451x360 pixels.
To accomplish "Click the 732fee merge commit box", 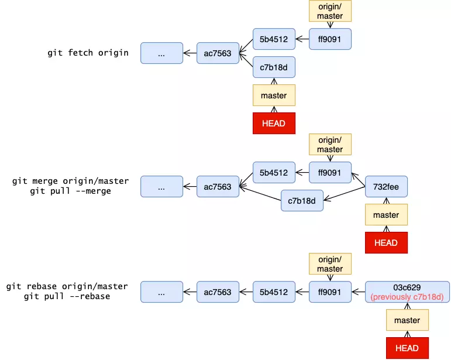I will click(x=386, y=187).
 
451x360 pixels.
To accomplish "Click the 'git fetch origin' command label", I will click(x=88, y=53).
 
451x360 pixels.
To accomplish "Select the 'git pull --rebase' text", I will click(x=67, y=297).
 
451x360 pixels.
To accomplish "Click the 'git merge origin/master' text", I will click(x=71, y=181).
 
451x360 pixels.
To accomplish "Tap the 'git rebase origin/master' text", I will click(x=67, y=287).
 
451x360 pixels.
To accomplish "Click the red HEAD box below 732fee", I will click(x=386, y=243).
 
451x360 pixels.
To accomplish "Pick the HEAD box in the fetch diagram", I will click(x=274, y=124).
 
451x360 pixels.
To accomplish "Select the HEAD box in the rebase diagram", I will click(x=407, y=348).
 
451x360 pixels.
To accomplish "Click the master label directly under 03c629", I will click(x=407, y=320).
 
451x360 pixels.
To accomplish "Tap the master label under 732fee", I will click(x=386, y=215).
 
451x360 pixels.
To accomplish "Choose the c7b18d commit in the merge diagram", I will click(x=302, y=201).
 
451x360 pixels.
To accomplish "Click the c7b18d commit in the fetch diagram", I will click(x=274, y=67).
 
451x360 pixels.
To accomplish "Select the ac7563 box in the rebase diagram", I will click(x=218, y=292).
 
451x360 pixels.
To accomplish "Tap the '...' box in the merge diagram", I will click(x=161, y=187).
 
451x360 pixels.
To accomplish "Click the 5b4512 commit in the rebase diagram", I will click(x=274, y=292).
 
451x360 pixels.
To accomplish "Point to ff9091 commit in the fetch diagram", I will click(x=330, y=39).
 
